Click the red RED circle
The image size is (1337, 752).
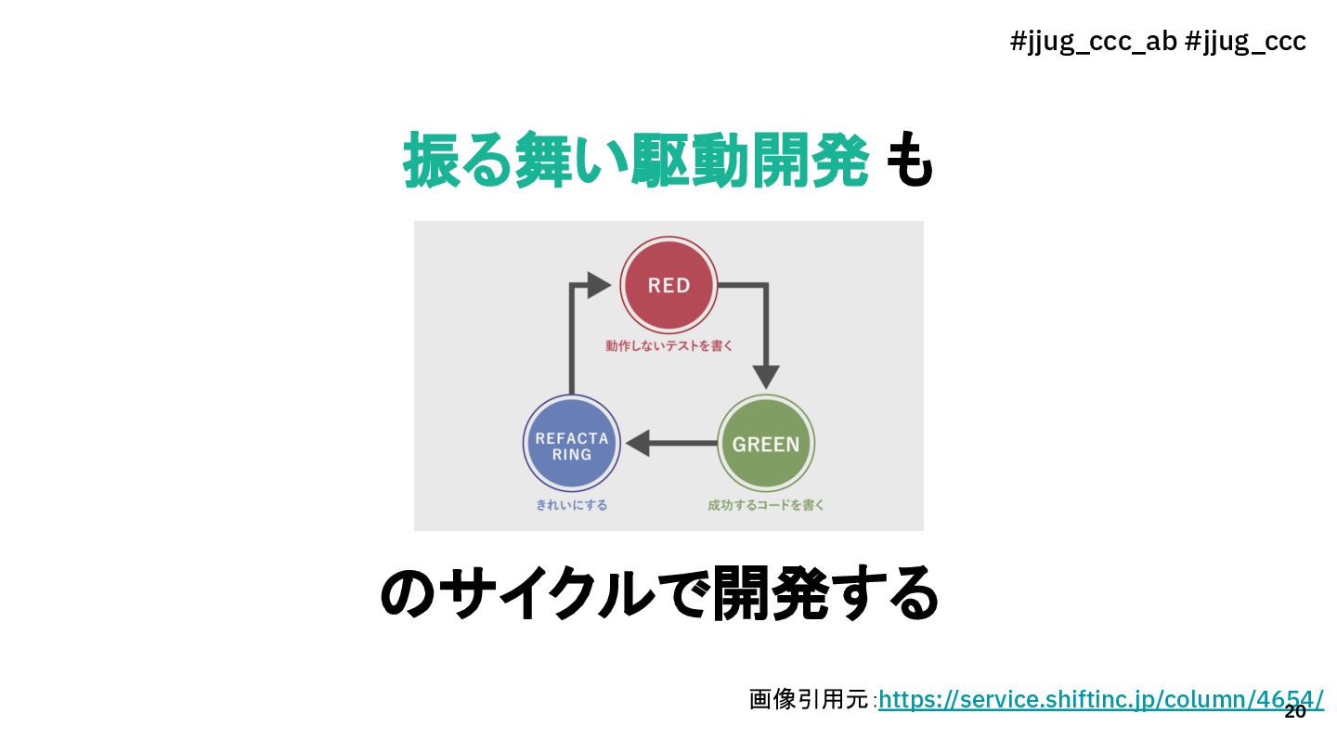668,286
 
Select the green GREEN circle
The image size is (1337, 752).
766,444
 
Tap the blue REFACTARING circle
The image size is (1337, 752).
571,445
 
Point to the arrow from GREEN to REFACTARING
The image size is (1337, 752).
673,444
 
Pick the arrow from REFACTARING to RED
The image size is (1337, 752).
572,334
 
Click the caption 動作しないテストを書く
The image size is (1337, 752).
668,346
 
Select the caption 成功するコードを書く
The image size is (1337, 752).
766,505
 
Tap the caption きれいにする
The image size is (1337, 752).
571,505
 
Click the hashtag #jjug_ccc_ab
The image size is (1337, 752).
1093,42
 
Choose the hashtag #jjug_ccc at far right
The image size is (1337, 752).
1246,42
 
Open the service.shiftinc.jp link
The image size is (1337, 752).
1100,700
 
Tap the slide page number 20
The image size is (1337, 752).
1294,712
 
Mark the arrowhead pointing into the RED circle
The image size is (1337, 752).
601,285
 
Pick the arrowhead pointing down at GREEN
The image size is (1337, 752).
765,377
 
